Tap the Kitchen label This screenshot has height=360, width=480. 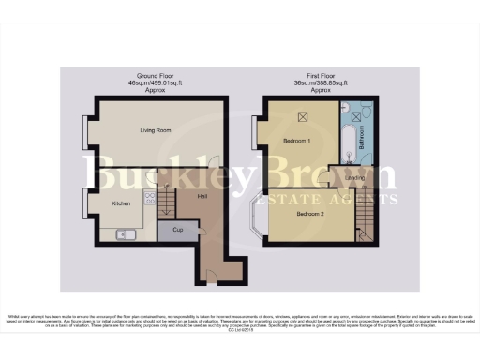click(x=121, y=203)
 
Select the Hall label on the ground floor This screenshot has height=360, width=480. click(x=202, y=196)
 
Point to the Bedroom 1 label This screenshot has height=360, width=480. click(x=298, y=141)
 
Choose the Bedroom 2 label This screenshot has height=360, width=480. click(x=310, y=214)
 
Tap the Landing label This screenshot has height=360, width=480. click(x=354, y=177)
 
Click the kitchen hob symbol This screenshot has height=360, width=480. click(x=149, y=198)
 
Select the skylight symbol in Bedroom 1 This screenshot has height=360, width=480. click(x=302, y=116)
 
